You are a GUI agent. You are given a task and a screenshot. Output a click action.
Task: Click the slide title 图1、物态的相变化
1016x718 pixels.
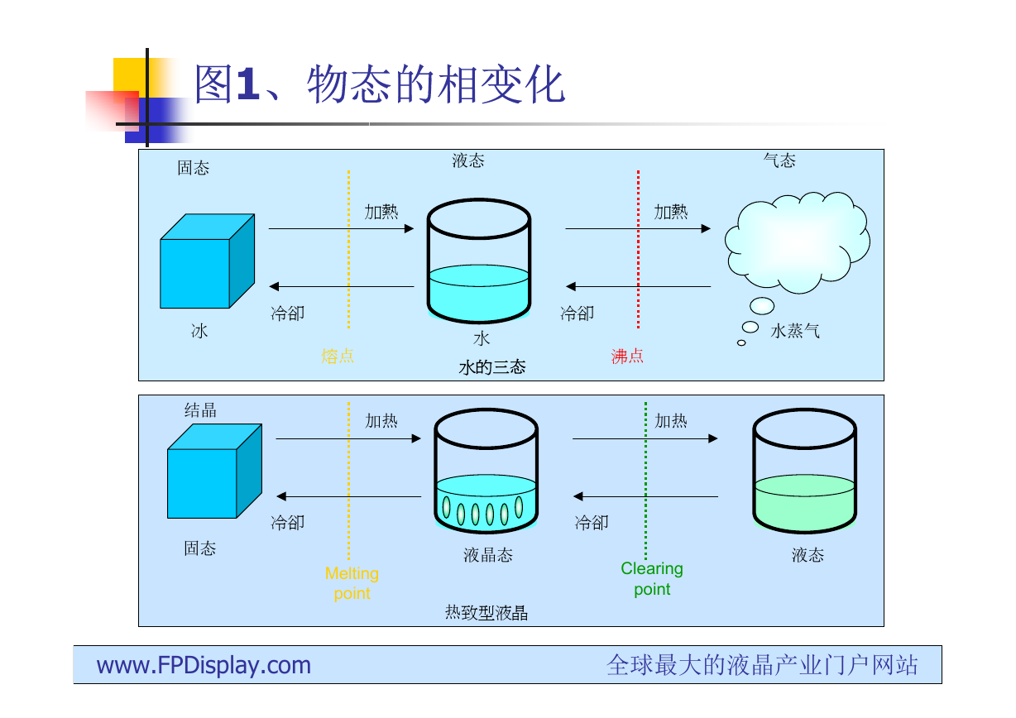(x=380, y=84)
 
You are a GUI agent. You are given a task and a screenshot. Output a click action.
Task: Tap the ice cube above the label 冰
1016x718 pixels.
(x=208, y=261)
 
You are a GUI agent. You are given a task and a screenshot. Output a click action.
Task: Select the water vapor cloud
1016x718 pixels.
(x=797, y=242)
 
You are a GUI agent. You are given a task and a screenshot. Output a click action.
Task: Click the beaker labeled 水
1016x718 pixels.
(x=479, y=261)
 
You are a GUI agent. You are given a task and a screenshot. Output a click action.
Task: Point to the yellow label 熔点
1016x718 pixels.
(x=338, y=356)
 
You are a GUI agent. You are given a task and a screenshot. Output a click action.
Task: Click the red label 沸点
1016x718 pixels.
(x=627, y=356)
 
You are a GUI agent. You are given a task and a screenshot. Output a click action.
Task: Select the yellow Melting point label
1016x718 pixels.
(x=352, y=583)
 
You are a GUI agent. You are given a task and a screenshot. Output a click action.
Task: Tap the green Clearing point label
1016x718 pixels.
(x=652, y=579)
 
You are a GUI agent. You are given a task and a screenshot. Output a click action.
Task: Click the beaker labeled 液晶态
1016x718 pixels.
(x=486, y=471)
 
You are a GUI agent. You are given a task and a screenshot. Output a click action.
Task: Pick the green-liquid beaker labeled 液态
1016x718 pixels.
(x=805, y=471)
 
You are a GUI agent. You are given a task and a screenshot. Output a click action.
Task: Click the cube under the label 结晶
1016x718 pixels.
(x=214, y=471)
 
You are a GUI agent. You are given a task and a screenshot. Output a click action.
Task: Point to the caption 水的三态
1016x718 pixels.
(x=492, y=367)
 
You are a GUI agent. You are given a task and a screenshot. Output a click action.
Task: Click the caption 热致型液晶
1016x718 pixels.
(x=486, y=613)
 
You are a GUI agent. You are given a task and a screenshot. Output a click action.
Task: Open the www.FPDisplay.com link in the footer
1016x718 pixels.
(x=204, y=665)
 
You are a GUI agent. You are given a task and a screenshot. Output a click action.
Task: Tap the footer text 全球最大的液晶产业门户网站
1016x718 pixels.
(x=763, y=665)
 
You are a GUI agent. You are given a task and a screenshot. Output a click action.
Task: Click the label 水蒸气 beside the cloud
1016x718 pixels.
(x=795, y=331)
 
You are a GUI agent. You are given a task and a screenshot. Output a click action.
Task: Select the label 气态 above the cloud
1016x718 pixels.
(x=779, y=160)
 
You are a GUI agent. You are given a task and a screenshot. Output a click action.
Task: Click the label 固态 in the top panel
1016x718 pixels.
(x=194, y=168)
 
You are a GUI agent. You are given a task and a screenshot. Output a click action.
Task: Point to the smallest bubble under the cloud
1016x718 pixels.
(x=741, y=343)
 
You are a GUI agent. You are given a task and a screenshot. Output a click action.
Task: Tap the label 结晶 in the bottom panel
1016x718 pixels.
(x=200, y=410)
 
